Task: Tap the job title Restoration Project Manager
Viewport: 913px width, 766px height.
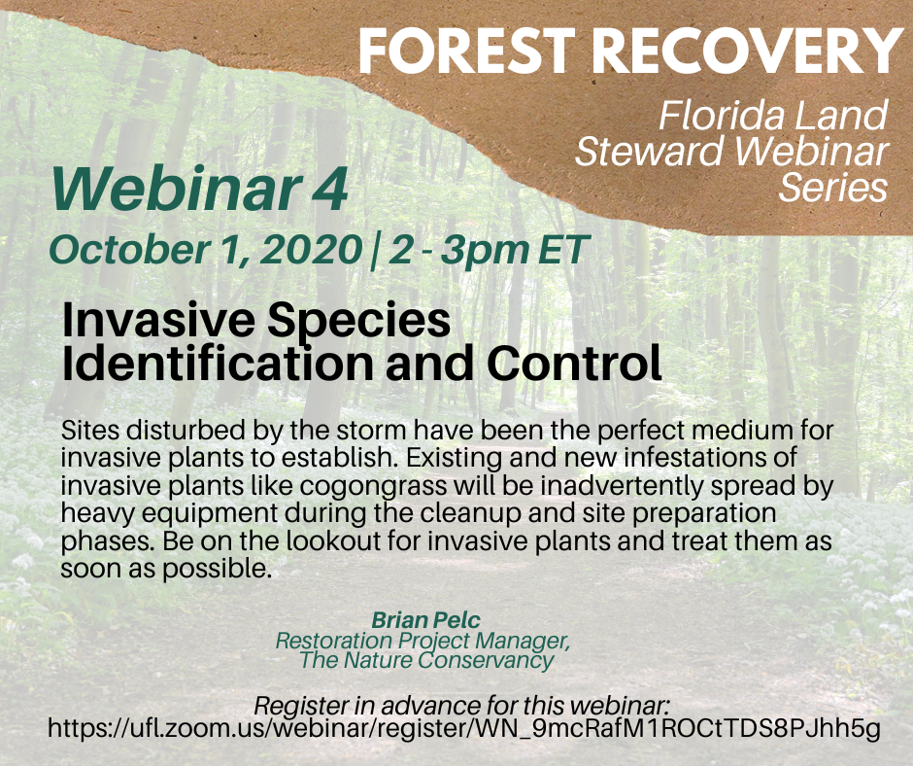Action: click(422, 642)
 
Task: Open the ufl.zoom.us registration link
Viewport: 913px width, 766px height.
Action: click(463, 729)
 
